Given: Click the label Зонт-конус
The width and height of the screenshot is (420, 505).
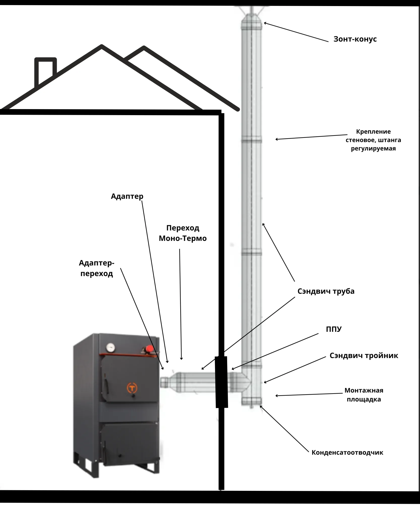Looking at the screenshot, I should pos(355,39).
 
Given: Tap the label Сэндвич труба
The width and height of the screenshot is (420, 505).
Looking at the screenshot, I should pos(326,291).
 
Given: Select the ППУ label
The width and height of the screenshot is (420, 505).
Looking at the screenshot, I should pos(334,329).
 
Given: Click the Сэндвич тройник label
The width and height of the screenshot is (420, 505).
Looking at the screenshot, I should pos(364,356).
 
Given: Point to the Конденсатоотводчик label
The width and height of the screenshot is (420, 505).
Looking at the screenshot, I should pos(347,452).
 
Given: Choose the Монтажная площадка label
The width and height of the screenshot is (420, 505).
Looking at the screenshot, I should pos(364,395).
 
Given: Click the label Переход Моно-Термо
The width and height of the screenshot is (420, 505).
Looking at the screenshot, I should pos(183,233).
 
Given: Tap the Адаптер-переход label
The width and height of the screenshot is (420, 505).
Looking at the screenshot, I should pos(97,268).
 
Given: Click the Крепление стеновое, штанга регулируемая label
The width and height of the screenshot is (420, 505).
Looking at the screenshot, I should pos(373,140).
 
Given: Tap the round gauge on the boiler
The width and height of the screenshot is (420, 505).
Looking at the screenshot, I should pos(110,347).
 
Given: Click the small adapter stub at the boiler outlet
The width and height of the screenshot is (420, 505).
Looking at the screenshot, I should pos(164,383).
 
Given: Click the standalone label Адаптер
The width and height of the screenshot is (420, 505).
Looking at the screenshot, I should pos(127,196).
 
